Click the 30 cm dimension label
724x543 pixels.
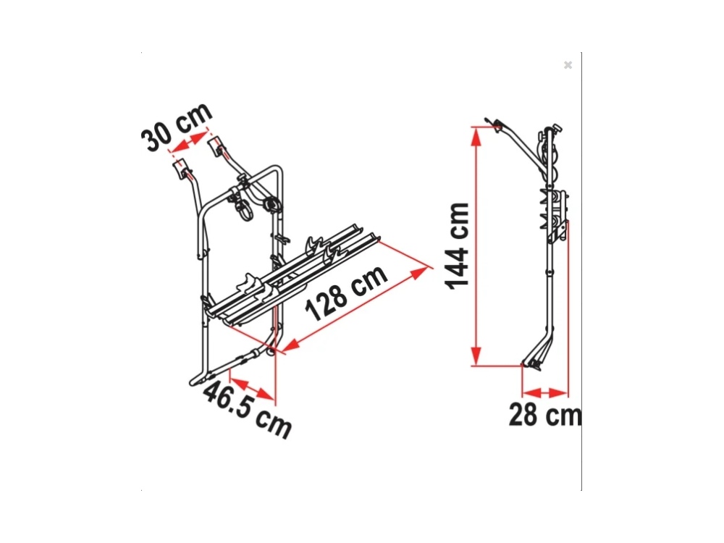177,127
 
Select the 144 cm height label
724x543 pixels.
458,245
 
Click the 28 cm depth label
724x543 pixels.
545,414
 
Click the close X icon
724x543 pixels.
568,65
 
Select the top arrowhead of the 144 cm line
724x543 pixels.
476,136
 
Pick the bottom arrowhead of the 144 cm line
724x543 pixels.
476,356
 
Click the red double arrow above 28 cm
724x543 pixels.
545,393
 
